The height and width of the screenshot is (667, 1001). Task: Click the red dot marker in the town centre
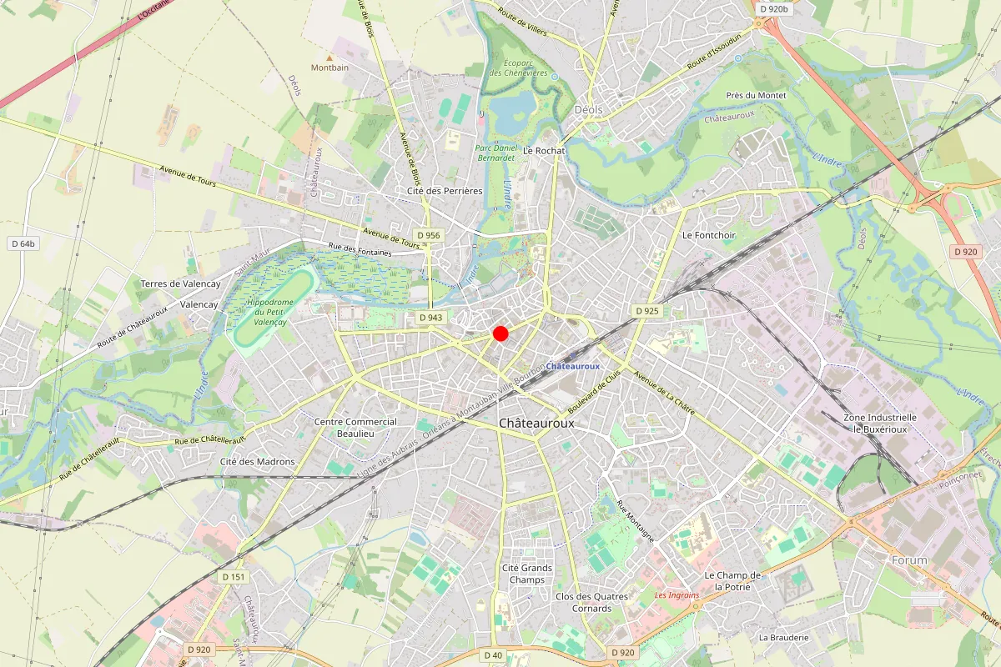click(x=500, y=333)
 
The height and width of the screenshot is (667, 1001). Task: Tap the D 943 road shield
click(x=430, y=318)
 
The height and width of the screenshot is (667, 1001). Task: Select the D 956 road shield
click(x=428, y=235)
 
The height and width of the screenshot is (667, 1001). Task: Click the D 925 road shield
click(x=646, y=311)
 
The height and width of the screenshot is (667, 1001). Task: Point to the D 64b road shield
click(x=23, y=243)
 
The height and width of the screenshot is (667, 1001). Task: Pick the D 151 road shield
click(x=234, y=577)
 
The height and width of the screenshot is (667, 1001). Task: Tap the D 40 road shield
click(x=493, y=655)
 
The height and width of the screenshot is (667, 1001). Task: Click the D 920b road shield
click(x=773, y=9)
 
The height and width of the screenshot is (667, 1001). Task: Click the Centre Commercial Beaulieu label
click(x=355, y=428)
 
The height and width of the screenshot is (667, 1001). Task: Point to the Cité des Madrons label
click(x=257, y=462)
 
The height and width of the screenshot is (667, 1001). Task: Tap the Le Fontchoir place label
click(x=709, y=235)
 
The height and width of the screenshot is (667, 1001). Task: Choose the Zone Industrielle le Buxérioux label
click(x=879, y=423)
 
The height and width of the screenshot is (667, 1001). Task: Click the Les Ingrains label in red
click(x=677, y=595)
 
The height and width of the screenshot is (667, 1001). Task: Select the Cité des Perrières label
click(x=444, y=191)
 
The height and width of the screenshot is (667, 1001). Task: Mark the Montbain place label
click(x=329, y=67)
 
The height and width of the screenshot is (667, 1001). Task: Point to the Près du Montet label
click(x=756, y=96)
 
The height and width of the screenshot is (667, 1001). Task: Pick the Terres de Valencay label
click(x=180, y=284)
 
